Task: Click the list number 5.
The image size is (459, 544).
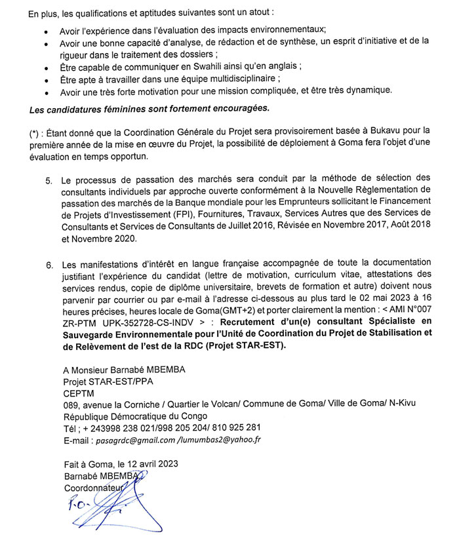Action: point(49,179)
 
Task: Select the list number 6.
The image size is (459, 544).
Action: point(49,264)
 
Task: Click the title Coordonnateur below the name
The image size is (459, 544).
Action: point(94,488)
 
